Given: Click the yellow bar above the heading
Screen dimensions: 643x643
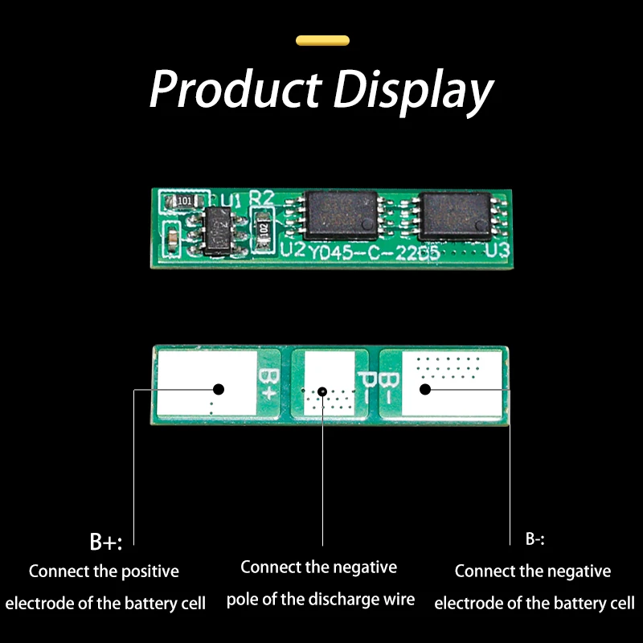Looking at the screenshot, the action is point(322,40).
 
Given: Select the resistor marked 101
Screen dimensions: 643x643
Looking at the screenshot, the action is point(183,200).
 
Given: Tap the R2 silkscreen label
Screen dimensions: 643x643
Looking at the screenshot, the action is point(263,199).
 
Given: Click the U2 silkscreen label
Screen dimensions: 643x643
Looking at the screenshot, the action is point(293,250).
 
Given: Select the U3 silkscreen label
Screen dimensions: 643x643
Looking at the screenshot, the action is point(498,251).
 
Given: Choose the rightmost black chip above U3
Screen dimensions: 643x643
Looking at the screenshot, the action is point(457,214).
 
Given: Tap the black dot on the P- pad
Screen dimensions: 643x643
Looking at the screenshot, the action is point(322,391).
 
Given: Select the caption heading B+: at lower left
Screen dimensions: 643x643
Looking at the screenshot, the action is point(106,541).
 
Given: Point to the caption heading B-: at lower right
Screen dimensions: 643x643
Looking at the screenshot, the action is point(535,539).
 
